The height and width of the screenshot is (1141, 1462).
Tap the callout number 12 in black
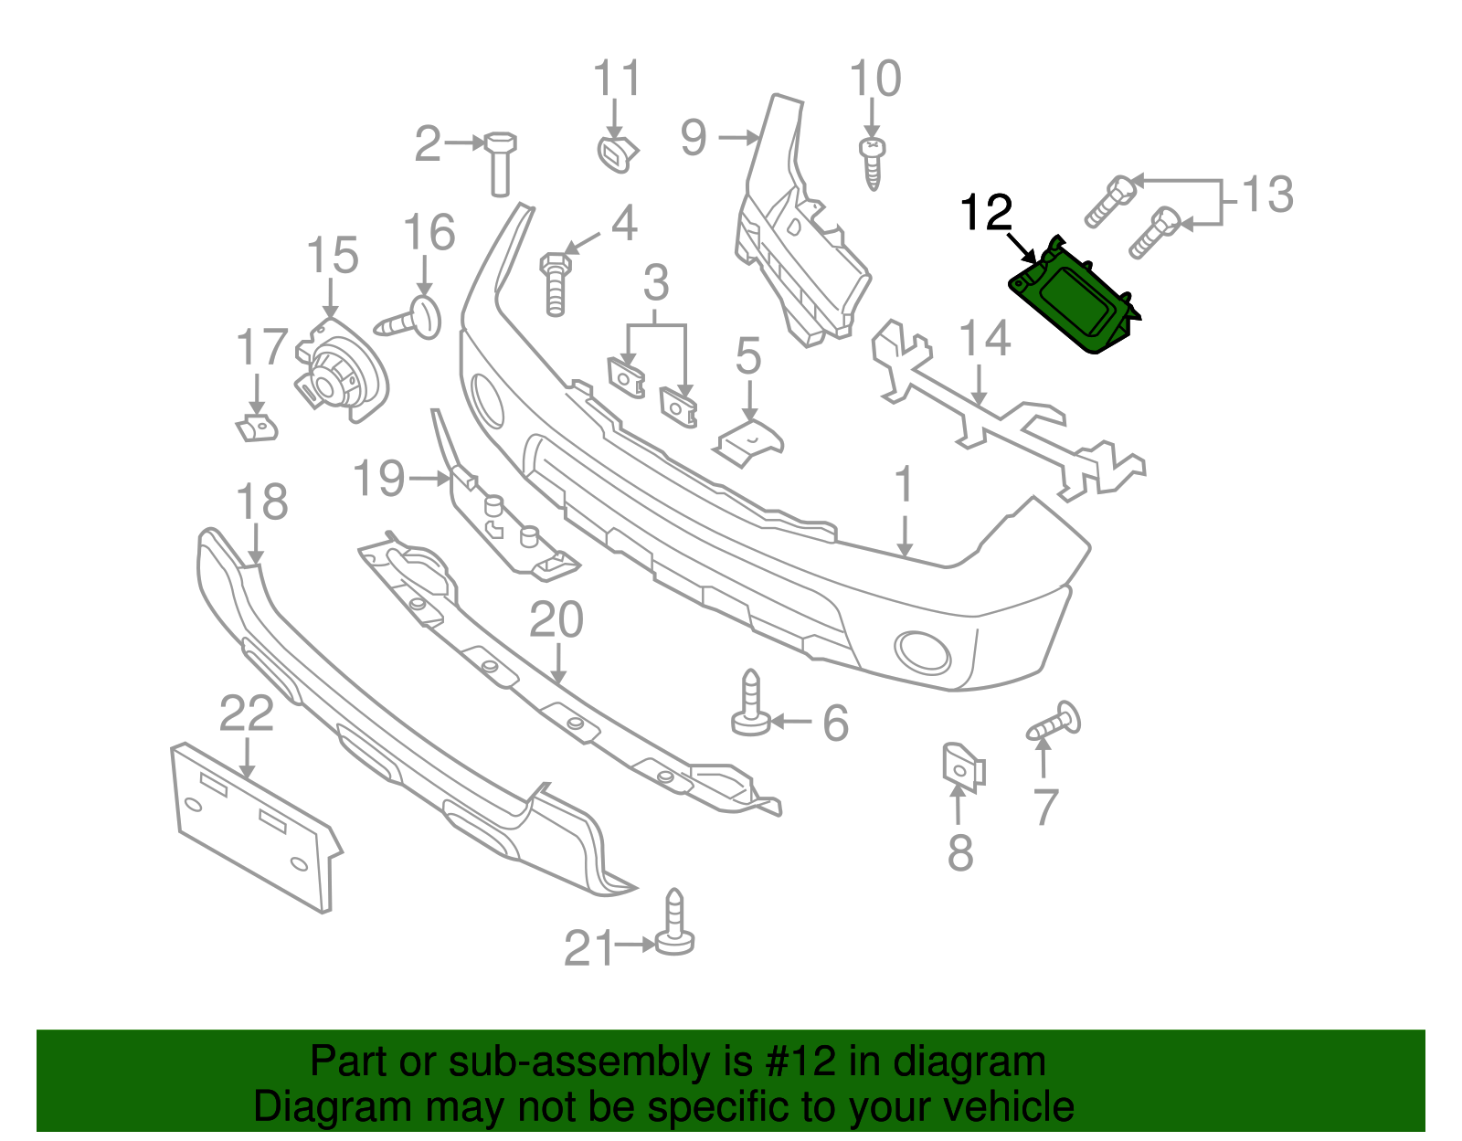pos(986,213)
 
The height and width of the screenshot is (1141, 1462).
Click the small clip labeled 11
pos(616,154)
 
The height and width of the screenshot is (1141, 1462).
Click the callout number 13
pos(1267,195)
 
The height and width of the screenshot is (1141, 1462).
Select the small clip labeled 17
pos(257,428)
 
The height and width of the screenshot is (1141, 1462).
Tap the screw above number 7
pos(1055,722)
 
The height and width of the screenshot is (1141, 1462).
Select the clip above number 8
pos(962,766)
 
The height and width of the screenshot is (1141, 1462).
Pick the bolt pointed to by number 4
pos(555,283)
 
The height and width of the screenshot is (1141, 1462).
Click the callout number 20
pos(556,620)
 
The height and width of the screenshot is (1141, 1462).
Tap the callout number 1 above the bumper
pos(903,485)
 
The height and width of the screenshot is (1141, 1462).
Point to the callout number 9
pos(694,138)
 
